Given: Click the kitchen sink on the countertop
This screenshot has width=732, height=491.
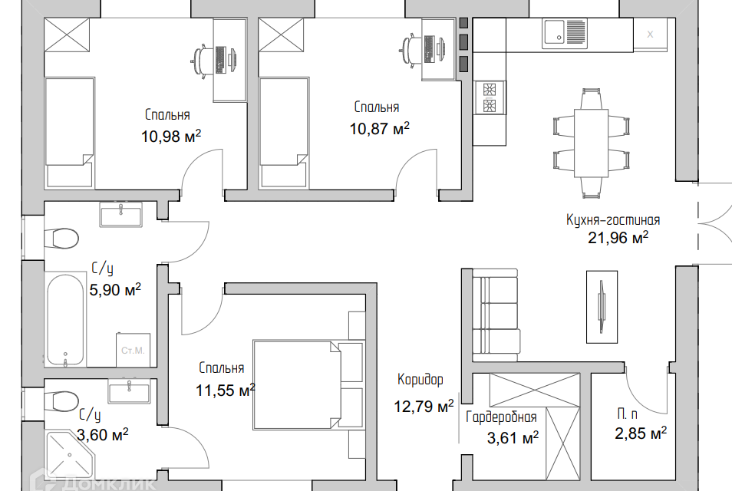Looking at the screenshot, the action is click(565, 33).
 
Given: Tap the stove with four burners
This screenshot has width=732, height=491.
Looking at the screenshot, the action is click(490, 97).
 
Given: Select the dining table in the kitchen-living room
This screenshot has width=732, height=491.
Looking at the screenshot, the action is click(591, 143).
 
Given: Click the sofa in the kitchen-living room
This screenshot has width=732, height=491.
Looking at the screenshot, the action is click(496, 315).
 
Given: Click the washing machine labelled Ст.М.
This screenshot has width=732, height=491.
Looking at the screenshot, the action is click(133, 350).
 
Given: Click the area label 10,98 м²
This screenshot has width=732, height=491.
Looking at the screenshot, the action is click(171, 137).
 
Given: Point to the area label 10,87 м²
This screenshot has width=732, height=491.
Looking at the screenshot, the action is click(380, 128).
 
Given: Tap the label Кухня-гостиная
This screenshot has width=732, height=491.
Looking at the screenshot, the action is click(613, 220).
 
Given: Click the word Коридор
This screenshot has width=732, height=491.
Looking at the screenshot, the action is click(420, 380).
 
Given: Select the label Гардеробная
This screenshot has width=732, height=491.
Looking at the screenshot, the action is click(501, 417).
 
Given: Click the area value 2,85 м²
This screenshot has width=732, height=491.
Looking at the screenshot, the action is click(641, 433).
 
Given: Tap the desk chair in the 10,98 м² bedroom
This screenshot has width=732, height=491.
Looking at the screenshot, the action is click(201, 60).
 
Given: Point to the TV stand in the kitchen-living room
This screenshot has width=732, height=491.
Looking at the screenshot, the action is click(602, 307).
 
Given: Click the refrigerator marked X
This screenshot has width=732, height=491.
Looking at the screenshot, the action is click(651, 34).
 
